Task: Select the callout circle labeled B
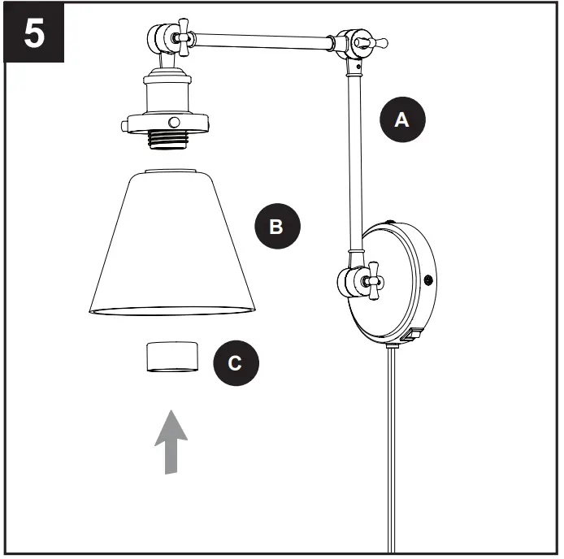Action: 277,226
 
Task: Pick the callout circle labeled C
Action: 236,363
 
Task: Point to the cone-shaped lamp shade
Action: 171,244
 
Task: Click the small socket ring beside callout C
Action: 171,357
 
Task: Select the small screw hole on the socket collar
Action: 173,122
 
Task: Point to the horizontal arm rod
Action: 260,37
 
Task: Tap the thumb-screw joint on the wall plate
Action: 358,280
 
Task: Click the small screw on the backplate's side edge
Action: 427,281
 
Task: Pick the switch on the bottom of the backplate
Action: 413,333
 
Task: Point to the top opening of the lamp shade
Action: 171,171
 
